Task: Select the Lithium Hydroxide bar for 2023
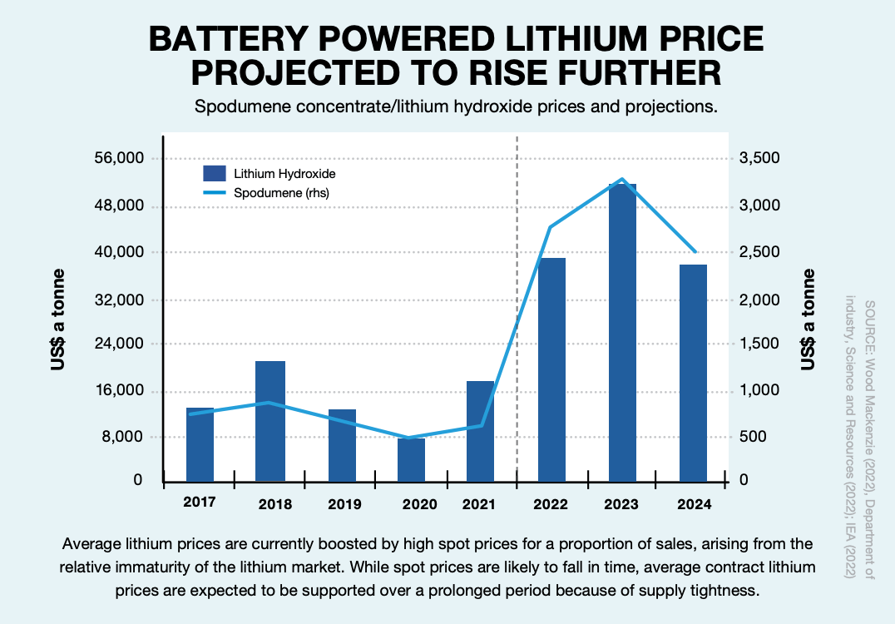[x=622, y=333]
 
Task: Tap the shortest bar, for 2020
[x=411, y=459]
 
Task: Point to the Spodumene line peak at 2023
[x=622, y=179]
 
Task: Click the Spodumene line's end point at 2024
[x=695, y=251]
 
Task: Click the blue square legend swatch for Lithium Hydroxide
[x=215, y=174]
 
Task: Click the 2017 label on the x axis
[x=200, y=503]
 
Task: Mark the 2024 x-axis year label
[x=695, y=503]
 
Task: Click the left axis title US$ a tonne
[x=60, y=319]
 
